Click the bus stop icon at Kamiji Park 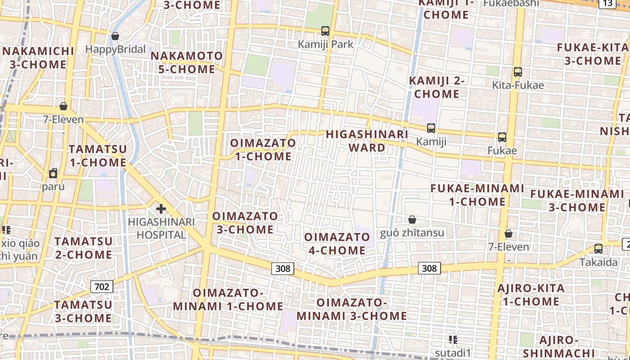[325, 31]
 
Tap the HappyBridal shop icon [115, 36]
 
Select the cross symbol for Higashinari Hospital [161, 209]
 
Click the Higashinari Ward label [367, 141]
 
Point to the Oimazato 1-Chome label [263, 150]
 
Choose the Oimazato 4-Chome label [337, 243]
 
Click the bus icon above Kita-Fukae [518, 72]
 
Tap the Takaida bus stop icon [598, 248]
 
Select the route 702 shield [102, 286]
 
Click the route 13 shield [607, 4]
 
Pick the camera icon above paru [53, 173]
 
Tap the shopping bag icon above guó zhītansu [412, 220]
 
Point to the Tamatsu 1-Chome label [98, 156]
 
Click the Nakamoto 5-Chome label [187, 63]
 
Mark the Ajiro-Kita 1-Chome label [531, 295]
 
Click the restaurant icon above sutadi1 [453, 339]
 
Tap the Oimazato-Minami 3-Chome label [351, 309]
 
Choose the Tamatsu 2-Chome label [83, 248]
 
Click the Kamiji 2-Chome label [436, 87]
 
